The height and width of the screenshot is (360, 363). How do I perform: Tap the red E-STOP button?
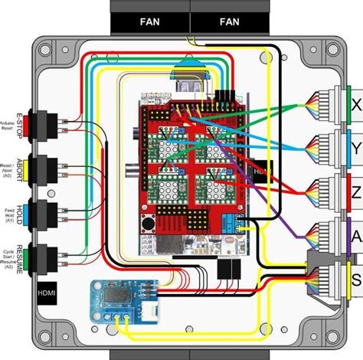(x=34, y=123)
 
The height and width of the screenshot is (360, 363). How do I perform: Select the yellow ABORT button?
(x=34, y=168)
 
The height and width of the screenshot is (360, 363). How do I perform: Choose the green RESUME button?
(x=34, y=256)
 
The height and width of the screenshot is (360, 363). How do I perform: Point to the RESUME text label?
(x=16, y=257)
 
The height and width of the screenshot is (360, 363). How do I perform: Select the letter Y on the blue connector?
(x=356, y=146)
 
